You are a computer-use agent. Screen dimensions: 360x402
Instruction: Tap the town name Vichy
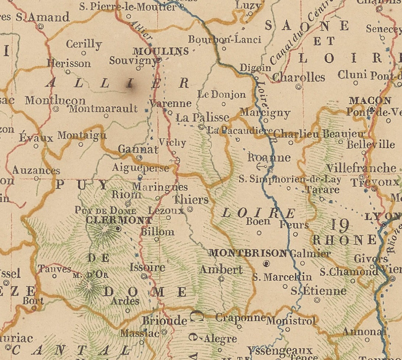click(x=172, y=142)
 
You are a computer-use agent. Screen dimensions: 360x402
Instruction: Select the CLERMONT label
click(x=118, y=220)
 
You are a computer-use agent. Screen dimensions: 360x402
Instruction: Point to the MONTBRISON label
click(x=247, y=253)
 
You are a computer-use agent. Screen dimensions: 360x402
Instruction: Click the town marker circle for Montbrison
click(x=267, y=263)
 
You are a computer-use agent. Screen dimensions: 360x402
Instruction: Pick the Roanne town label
click(x=269, y=158)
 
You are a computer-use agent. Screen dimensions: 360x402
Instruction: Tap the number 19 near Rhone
click(x=339, y=225)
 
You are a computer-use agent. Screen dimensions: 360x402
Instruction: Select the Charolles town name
click(x=299, y=77)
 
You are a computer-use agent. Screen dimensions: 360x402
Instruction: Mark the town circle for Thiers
click(x=190, y=209)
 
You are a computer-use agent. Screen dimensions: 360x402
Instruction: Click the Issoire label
click(x=147, y=267)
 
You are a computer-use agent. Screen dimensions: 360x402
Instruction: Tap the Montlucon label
click(x=55, y=100)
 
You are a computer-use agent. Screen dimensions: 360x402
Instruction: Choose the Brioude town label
click(x=165, y=321)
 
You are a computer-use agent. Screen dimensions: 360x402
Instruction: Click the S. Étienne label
click(x=318, y=291)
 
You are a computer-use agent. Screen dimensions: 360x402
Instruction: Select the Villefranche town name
click(x=361, y=168)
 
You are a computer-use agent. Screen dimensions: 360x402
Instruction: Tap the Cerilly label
click(x=84, y=44)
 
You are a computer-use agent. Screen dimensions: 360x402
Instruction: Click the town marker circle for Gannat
click(x=139, y=158)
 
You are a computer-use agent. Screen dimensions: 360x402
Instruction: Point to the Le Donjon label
click(x=221, y=95)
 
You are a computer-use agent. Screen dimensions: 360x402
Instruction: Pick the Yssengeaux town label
click(x=279, y=350)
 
